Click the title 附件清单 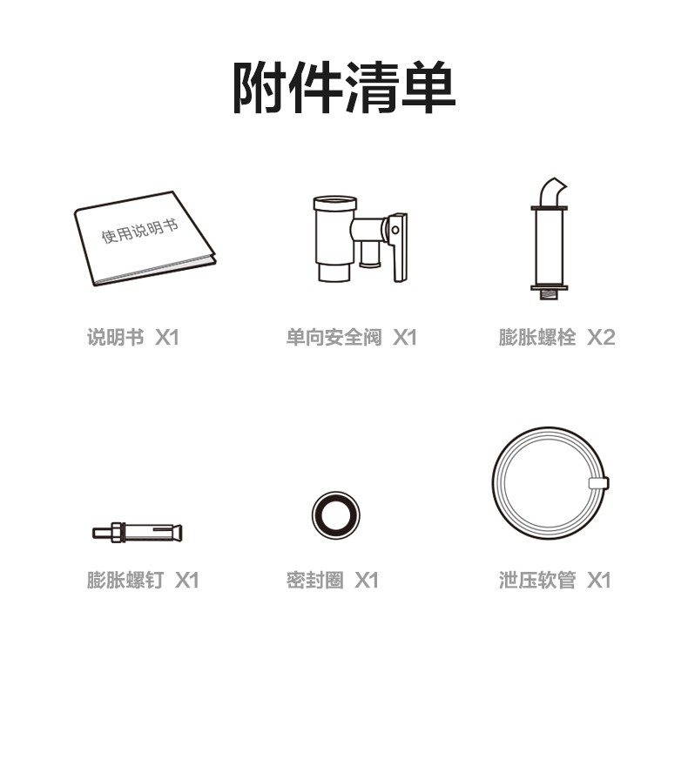(x=344, y=88)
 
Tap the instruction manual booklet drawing (x=145, y=239)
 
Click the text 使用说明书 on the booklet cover (x=139, y=231)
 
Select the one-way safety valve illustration (x=360, y=239)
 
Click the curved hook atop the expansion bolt (x=553, y=192)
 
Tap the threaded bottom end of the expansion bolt (x=549, y=295)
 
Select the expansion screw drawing (x=138, y=533)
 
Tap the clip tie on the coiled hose (x=598, y=482)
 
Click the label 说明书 (x=116, y=337)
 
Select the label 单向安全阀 (x=334, y=337)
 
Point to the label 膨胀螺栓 (x=536, y=337)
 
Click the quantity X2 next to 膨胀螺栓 (x=601, y=337)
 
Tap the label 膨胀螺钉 (x=125, y=580)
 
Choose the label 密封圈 (x=315, y=580)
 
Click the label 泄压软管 (x=536, y=580)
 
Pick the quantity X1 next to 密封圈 (x=367, y=580)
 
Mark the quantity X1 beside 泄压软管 (x=599, y=580)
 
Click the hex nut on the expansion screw (x=116, y=533)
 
